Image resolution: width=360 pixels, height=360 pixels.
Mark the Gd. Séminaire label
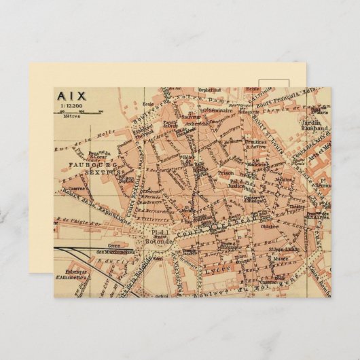tap(219, 109)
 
